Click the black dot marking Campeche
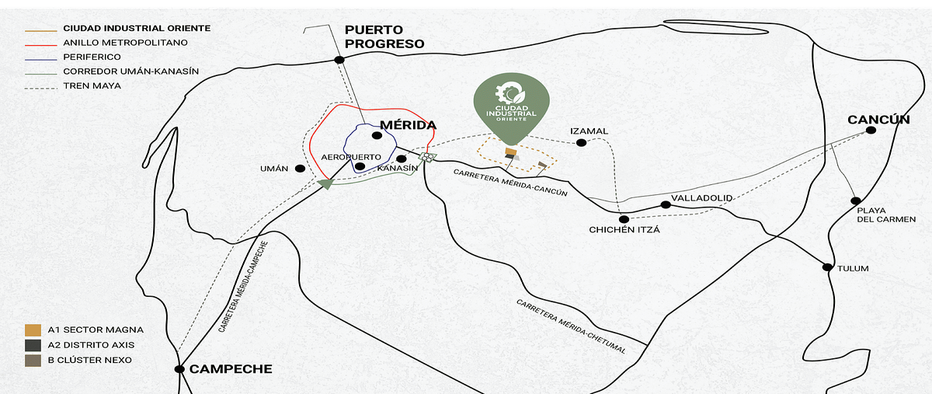pos(179,369)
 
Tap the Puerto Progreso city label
pos(384,37)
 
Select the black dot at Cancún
pos(871,131)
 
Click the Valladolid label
pos(702,198)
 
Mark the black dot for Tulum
pos(829,267)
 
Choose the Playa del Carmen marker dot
pos(855,200)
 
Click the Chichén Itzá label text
pos(624,229)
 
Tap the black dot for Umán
pos(300,168)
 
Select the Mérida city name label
pos(408,125)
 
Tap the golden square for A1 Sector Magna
pos(33,329)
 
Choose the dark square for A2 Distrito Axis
pos(33,345)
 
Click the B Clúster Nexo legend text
pos(90,360)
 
